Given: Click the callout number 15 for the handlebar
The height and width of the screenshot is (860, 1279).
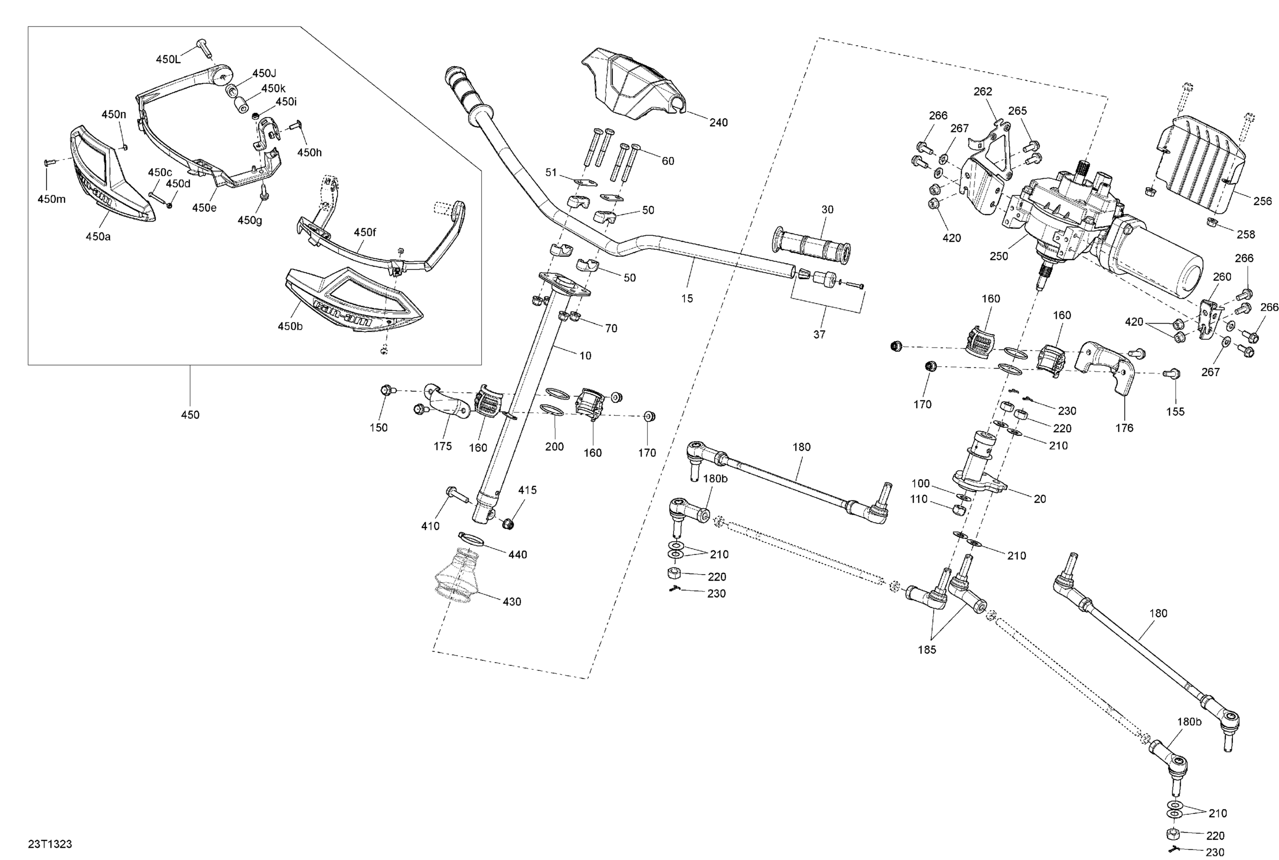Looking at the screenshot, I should [x=687, y=298].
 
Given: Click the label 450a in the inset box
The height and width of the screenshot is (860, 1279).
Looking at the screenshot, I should [x=98, y=236].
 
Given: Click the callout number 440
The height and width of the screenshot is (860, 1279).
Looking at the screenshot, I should [x=517, y=555].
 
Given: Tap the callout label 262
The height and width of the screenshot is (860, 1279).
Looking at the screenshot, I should [x=982, y=92].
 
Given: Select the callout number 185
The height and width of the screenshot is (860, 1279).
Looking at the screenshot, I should [x=926, y=649].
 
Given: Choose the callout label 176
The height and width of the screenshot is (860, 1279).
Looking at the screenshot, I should [x=1124, y=428].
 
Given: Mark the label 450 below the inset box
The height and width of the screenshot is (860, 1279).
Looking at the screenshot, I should [x=190, y=414].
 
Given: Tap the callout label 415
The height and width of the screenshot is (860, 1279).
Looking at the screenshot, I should [x=527, y=490].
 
